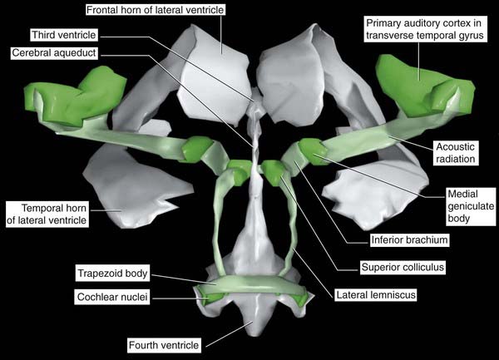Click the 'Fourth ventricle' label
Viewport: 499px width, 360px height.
pos(166,343)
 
